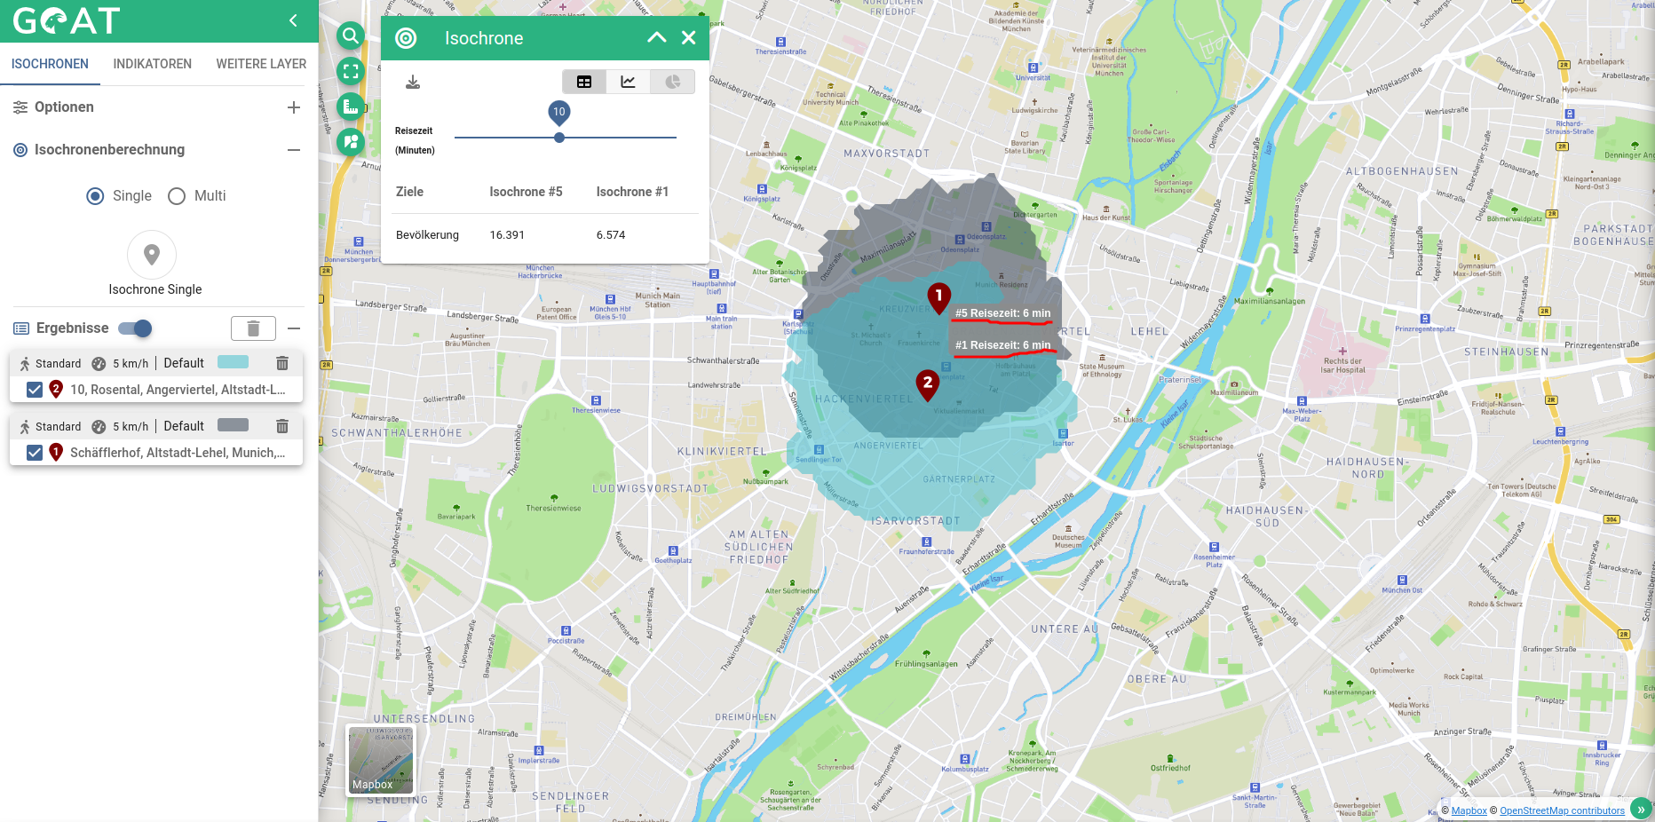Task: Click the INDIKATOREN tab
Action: pos(152,64)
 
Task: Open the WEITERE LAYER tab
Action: pos(261,64)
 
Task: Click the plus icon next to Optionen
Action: pos(294,107)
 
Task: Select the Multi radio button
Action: pos(177,196)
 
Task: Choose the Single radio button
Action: pos(95,196)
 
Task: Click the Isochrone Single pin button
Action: pos(152,256)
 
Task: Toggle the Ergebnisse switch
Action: pos(136,328)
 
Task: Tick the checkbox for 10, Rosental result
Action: pos(35,390)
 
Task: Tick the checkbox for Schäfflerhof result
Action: pos(35,453)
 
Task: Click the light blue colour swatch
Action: pos(233,362)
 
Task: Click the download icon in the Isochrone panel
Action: pos(413,83)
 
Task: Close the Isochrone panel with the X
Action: pos(688,37)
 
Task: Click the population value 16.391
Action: pos(507,235)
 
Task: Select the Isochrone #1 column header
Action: pos(632,192)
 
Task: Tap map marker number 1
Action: pos(938,296)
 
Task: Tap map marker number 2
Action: pos(928,383)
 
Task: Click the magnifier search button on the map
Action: pos(351,36)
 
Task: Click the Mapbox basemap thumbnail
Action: pos(380,760)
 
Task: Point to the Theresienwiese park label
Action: pos(553,508)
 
